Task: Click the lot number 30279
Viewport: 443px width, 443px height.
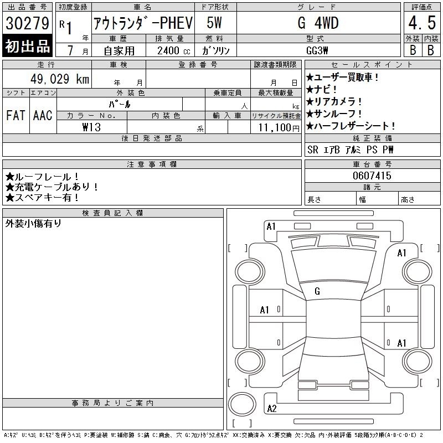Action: click(27, 23)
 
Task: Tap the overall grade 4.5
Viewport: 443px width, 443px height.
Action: click(422, 23)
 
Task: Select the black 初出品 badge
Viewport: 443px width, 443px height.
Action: click(27, 46)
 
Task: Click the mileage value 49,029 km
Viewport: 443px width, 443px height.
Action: click(60, 79)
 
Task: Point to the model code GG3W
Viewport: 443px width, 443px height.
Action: click(317, 50)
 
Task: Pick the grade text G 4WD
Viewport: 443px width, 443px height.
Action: click(318, 23)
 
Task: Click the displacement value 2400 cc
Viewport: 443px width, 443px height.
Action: click(174, 51)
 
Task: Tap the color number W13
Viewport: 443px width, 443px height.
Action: click(91, 127)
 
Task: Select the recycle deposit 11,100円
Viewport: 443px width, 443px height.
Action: click(279, 128)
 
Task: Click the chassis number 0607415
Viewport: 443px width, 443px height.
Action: click(372, 176)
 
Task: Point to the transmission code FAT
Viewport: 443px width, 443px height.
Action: click(16, 115)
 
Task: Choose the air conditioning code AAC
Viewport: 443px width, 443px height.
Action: click(43, 115)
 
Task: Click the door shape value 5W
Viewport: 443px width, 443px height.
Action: click(214, 23)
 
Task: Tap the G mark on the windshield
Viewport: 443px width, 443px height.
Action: click(317, 291)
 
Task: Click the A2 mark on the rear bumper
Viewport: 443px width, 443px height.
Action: click(272, 409)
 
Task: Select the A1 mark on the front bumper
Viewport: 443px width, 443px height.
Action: click(271, 226)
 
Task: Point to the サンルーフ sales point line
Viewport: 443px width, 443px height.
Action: click(334, 114)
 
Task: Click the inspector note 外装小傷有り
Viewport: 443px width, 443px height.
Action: click(33, 224)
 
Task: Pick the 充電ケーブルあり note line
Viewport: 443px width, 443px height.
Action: click(51, 187)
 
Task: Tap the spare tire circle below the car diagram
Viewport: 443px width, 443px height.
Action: click(242, 404)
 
